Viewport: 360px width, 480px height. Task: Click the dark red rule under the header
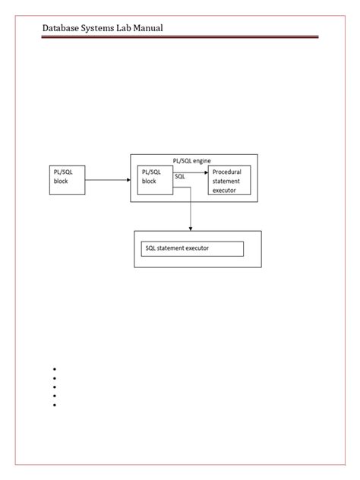tap(180, 36)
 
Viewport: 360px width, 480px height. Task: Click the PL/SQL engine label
tap(191, 161)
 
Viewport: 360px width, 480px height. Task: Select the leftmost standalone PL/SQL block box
tap(68, 180)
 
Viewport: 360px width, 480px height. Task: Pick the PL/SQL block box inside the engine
tap(155, 180)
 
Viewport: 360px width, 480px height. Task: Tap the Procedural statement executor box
tap(229, 180)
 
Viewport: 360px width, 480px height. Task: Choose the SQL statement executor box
tap(192, 249)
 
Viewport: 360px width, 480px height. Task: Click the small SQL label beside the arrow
tap(180, 176)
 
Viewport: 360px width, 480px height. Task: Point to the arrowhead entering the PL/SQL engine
tap(128, 180)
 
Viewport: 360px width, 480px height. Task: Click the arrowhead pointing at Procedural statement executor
tap(207, 172)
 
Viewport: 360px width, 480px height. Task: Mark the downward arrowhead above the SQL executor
tap(191, 229)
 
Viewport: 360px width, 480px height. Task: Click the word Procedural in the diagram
tap(227, 172)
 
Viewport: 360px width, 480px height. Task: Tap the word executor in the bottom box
tap(197, 248)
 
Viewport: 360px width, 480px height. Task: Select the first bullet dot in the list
tap(55, 369)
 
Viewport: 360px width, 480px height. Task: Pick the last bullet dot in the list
tap(55, 405)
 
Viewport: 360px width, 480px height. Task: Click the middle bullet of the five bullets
tap(55, 387)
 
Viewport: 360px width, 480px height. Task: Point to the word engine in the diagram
tap(202, 161)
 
